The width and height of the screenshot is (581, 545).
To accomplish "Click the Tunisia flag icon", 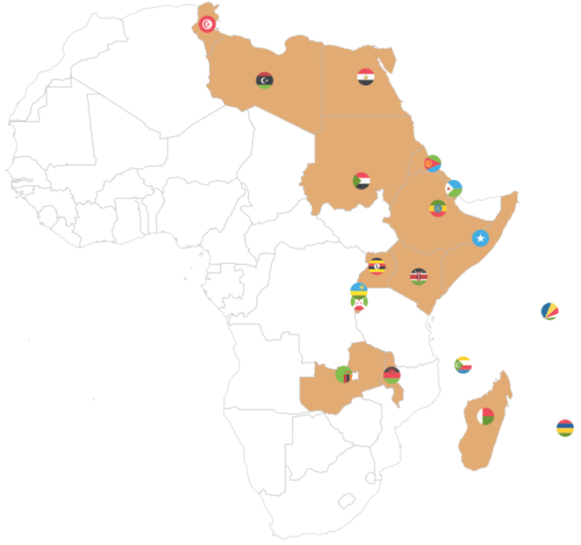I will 207,24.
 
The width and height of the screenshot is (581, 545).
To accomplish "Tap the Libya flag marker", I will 265,80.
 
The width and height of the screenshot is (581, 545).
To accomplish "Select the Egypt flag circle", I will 365,77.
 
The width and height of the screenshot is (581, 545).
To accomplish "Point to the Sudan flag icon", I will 361,181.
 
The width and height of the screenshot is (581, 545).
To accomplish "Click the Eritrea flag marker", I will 433,163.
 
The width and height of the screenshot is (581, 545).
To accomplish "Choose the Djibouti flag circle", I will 453,189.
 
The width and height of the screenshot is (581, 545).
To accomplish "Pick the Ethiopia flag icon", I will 438,208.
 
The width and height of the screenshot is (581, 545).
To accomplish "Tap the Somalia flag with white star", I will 480,238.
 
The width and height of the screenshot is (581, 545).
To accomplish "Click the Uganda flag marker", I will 377,266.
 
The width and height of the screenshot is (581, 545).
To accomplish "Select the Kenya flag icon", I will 419,276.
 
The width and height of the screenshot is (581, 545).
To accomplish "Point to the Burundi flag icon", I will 359,303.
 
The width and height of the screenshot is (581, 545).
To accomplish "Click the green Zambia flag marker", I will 344,374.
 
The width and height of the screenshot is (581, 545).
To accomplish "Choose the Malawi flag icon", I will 392,375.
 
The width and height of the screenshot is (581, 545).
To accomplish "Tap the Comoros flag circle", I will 464,365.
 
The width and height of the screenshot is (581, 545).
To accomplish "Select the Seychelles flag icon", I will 549,311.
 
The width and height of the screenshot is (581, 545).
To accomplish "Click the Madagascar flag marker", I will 485,416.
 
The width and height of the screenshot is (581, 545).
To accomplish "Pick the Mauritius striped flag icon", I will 565,429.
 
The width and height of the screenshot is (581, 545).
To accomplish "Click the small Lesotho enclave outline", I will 346,501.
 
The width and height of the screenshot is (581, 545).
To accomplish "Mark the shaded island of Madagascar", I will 476,444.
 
